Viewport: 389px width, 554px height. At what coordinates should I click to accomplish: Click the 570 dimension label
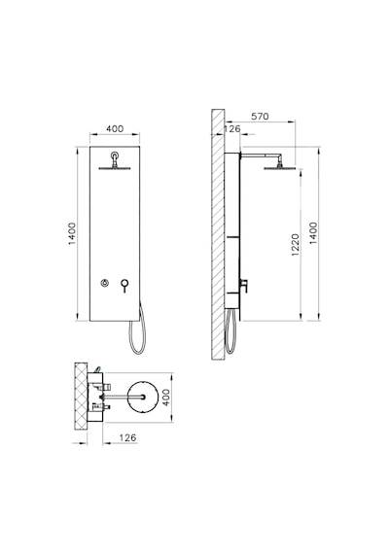[260, 117]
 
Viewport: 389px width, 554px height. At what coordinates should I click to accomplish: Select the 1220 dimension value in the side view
[296, 245]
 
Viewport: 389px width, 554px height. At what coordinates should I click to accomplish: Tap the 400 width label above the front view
[115, 129]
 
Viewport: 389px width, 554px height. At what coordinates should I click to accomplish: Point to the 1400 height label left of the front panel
[72, 233]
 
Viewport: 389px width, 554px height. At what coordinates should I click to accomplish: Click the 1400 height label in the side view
[314, 233]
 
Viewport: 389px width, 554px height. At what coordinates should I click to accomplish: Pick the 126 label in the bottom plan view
[127, 437]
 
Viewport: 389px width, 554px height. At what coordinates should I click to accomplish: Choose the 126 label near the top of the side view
[232, 129]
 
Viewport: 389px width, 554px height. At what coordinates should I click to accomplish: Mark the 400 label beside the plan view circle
[166, 398]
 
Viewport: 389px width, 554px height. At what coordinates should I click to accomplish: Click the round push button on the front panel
[104, 283]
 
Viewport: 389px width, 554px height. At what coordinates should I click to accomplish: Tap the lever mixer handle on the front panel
[124, 284]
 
